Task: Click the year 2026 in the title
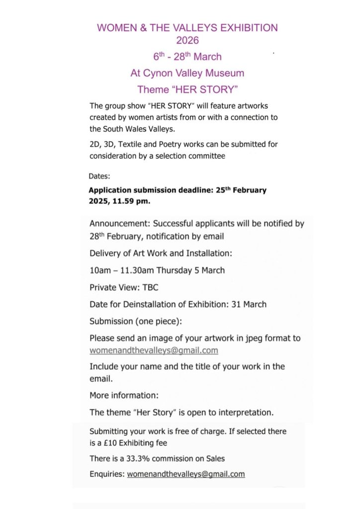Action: point(187,40)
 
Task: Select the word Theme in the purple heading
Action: point(150,90)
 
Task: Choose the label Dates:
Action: point(99,176)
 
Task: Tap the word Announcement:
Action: point(119,224)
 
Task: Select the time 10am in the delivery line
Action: point(99,270)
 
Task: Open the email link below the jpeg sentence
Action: point(154,350)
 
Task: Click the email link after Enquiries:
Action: point(186,474)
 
